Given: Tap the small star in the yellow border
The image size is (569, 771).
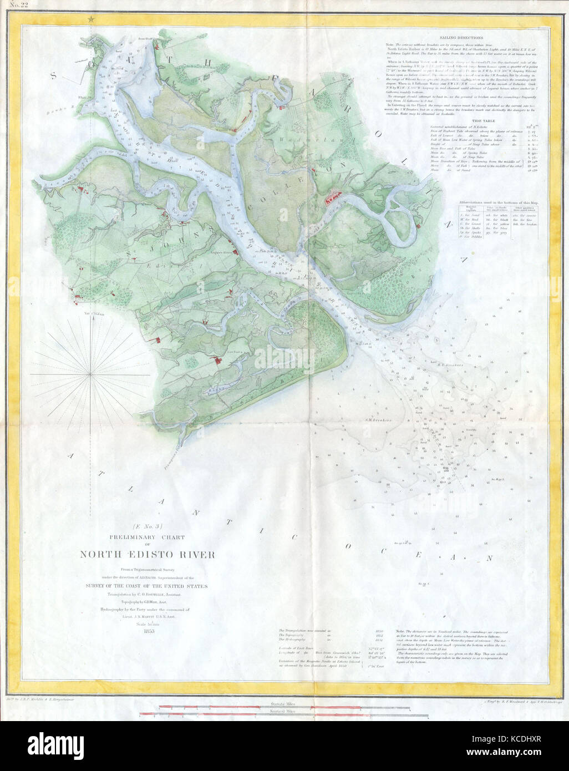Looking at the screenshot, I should [x=90, y=19].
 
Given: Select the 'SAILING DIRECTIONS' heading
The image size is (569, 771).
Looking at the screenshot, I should [x=455, y=37].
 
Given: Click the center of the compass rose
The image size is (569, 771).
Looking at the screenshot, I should [x=90, y=376].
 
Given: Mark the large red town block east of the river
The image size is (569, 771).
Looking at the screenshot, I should [x=335, y=195].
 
